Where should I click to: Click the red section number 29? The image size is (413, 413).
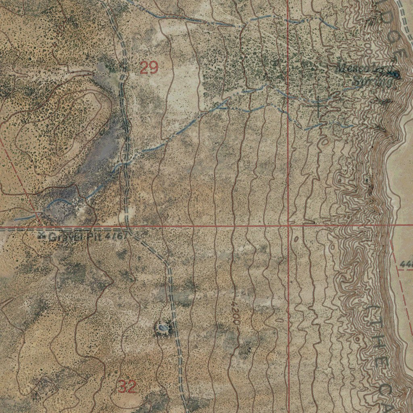[x=149, y=67]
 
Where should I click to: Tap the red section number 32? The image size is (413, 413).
[x=127, y=387]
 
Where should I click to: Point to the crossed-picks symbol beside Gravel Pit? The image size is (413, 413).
[x=41, y=236]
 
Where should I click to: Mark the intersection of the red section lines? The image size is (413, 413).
[x=288, y=225]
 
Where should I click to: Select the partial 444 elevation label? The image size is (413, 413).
[x=406, y=264]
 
